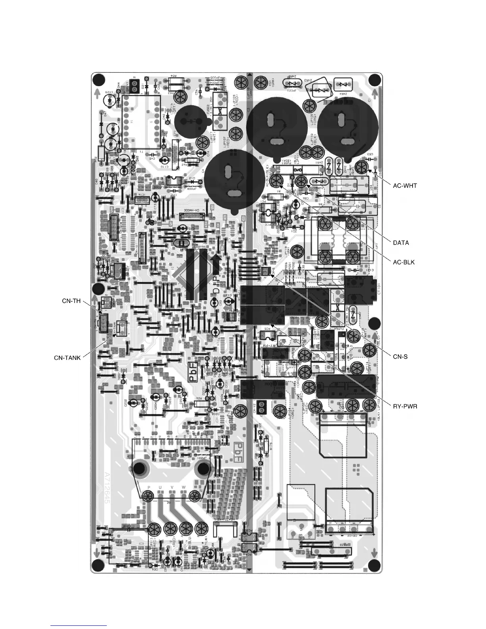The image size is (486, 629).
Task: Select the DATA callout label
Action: coord(401,243)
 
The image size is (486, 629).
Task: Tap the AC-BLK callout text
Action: coord(404,262)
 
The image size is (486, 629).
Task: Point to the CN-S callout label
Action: coord(400,357)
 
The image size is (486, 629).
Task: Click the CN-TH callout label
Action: coord(71,301)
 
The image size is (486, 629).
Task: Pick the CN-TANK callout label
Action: coord(67,358)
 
